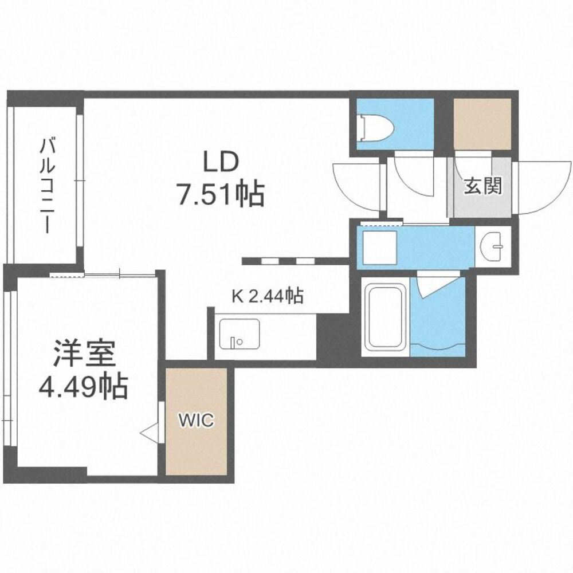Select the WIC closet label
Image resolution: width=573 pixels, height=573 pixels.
tap(197, 420)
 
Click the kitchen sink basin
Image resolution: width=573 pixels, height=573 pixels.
tap(240, 335)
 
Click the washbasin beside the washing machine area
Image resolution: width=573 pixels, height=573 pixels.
tap(494, 247)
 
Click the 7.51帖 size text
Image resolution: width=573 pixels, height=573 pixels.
tap(221, 195)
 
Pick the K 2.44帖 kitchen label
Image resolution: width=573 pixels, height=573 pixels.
tap(267, 296)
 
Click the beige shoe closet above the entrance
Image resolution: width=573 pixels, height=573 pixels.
tap(482, 123)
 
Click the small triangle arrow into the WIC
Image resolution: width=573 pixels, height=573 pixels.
tap(150, 433)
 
